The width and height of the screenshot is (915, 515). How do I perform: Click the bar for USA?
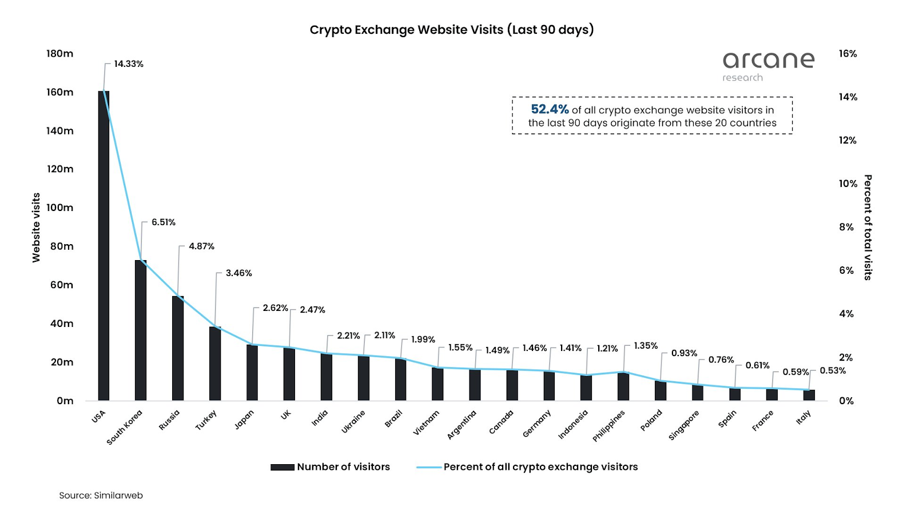[x=104, y=246]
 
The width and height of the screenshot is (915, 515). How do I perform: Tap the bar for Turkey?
[x=215, y=364]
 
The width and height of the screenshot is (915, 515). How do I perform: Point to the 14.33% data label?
[x=129, y=64]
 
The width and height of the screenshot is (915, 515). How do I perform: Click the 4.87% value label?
[x=201, y=246]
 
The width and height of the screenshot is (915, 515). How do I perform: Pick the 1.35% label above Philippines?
[x=646, y=346]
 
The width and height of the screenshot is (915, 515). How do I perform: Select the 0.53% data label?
[x=833, y=371]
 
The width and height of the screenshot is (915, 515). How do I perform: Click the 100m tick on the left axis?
[x=60, y=207]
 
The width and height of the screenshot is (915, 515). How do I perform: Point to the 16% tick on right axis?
[x=848, y=54]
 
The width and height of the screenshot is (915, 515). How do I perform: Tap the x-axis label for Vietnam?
[x=427, y=422]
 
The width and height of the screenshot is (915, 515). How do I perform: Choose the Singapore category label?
[x=684, y=425]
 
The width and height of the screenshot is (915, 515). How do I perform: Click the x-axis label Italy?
[x=803, y=418]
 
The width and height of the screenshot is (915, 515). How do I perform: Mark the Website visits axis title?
[x=36, y=227]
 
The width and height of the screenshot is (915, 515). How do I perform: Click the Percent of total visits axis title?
[x=868, y=227]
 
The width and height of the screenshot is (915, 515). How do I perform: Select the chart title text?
[x=452, y=30]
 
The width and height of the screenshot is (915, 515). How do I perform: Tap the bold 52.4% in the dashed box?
[x=550, y=109]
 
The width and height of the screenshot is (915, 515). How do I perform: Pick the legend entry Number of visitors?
[x=331, y=467]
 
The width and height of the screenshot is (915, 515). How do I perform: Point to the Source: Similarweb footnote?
[x=101, y=496]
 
